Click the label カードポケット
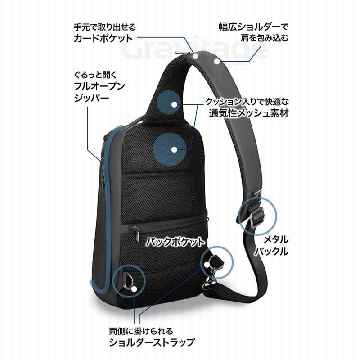coord(103,38)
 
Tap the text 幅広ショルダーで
coord(253,27)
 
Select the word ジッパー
coord(91,98)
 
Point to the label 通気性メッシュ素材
coord(249,113)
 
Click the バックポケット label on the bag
coord(175,242)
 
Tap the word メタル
coord(276,240)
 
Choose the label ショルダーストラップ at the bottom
coord(152,342)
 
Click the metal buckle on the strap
coord(256,216)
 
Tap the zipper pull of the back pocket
coord(138,234)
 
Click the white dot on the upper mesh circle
coord(175,104)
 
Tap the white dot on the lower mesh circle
coord(175,150)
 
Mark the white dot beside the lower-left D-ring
coord(134,289)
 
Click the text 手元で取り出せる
coord(105,27)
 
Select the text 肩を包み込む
coord(264,38)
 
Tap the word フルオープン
coord(99,86)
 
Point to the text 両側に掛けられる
coord(141,331)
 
